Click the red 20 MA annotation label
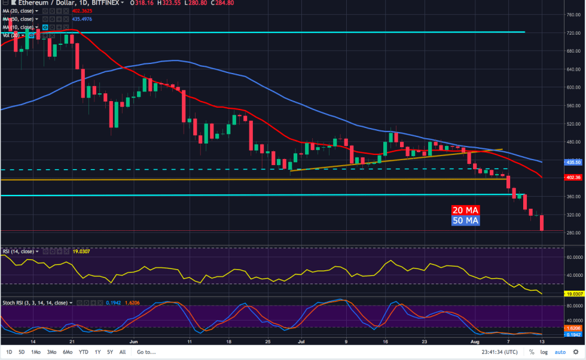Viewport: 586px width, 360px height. [x=465, y=210]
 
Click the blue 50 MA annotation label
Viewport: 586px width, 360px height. [x=465, y=221]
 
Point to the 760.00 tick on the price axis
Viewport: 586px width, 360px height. [x=573, y=15]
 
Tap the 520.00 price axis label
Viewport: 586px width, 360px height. [x=573, y=124]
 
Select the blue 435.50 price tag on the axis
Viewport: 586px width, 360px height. [x=573, y=162]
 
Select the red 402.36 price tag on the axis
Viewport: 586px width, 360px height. [x=573, y=178]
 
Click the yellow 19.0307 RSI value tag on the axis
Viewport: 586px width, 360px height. [x=573, y=294]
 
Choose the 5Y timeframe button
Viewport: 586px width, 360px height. [x=110, y=352]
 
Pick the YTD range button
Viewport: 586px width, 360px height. [x=84, y=352]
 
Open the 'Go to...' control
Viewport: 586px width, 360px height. [x=146, y=352]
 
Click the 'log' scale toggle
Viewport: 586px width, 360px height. [x=544, y=352]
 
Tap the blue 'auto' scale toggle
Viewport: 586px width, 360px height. [x=560, y=352]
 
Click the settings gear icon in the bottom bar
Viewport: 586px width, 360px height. [x=577, y=352]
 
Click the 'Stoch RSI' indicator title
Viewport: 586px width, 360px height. [x=14, y=303]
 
